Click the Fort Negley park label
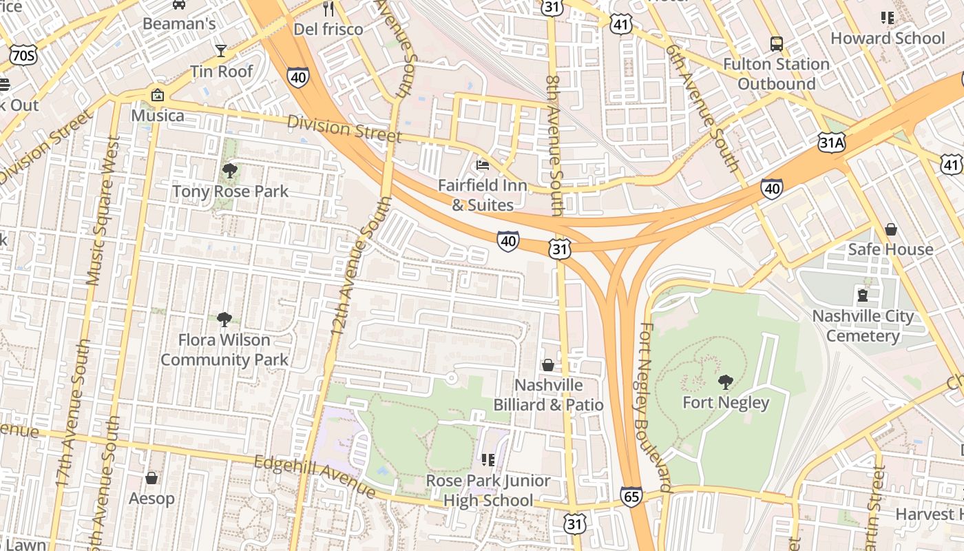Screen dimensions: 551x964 pos(726,402)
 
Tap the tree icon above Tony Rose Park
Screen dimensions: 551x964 pos(230,170)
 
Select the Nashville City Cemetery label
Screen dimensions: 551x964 pos(863,326)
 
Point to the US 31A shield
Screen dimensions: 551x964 pos(832,143)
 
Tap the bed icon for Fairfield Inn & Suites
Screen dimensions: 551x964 pos(483,165)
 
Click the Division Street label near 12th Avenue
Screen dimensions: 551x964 pos(344,129)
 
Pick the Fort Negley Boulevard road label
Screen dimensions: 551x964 pos(654,406)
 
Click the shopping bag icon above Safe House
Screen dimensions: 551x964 pos(890,229)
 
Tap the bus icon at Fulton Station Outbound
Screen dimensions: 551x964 pos(776,44)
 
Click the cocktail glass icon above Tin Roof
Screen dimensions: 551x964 pos(221,50)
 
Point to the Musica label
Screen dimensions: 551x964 pos(157,115)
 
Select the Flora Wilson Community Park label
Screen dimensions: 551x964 pos(224,350)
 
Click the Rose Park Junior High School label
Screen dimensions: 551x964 pos(488,490)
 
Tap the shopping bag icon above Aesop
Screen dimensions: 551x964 pos(151,478)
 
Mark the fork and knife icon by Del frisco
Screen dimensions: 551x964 pos(328,9)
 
